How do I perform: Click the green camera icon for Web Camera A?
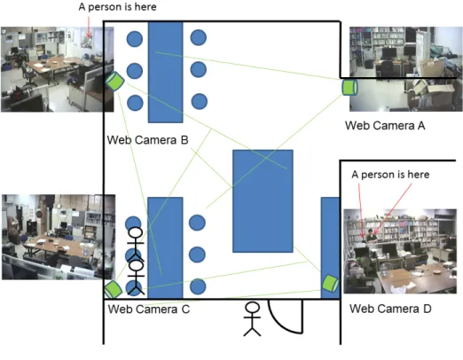[x=349, y=87]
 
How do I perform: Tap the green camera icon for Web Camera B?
[x=114, y=82]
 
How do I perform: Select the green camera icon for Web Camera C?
[x=114, y=289]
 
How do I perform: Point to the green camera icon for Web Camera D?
[x=330, y=283]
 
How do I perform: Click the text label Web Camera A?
[x=385, y=126]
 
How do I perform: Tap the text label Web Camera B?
[x=147, y=140]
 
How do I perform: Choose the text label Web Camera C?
[x=149, y=309]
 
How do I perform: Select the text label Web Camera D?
[x=390, y=309]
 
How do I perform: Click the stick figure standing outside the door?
[x=252, y=319]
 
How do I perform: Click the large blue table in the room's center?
[x=263, y=201]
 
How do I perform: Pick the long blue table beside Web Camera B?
[x=166, y=72]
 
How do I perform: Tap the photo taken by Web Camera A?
[x=406, y=69]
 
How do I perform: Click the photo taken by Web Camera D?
[x=400, y=251]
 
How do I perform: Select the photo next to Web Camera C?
[x=59, y=237]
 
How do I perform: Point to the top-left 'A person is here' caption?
[x=117, y=7]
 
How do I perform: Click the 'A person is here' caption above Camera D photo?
[x=390, y=175]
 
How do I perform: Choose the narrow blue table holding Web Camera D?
[x=330, y=247]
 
